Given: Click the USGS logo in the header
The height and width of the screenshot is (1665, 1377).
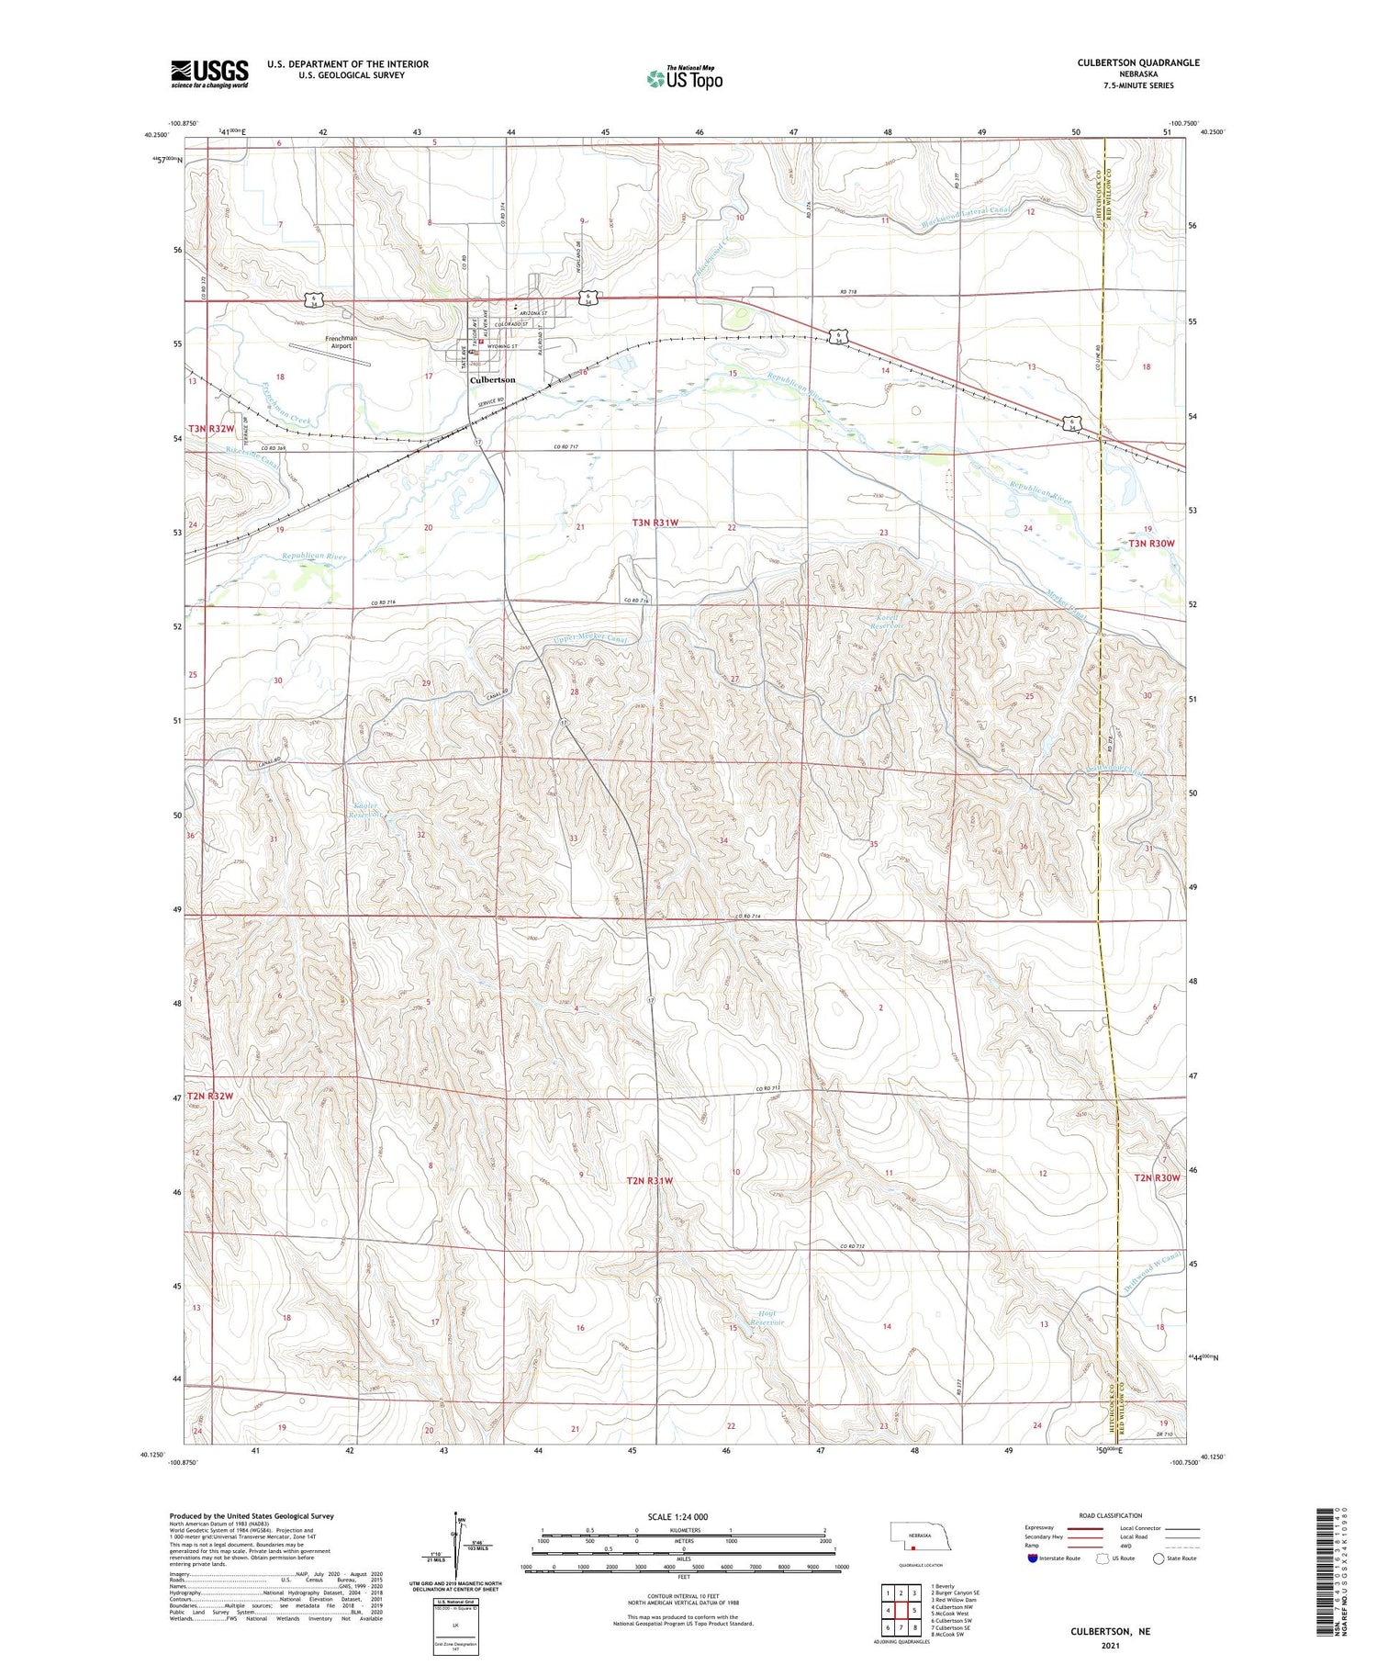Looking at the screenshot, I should click(209, 73).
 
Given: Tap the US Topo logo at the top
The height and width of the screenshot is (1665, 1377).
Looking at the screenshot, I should click(684, 79).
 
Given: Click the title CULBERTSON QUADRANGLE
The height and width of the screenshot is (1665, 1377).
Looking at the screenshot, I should click(1137, 62).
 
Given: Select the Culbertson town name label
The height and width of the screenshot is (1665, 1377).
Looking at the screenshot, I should click(492, 379).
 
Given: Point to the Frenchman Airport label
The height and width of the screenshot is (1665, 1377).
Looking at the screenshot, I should click(341, 342).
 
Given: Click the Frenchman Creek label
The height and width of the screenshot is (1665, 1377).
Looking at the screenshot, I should click(285, 403).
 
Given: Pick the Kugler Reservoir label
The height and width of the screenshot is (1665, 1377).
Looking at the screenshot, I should click(366, 810).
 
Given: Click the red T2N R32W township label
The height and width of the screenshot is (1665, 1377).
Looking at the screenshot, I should click(210, 1096).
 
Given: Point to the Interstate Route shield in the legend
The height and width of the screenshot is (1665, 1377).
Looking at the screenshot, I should click(1032, 1558).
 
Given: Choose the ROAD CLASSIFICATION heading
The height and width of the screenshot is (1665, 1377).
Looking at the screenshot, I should click(1110, 1515).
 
